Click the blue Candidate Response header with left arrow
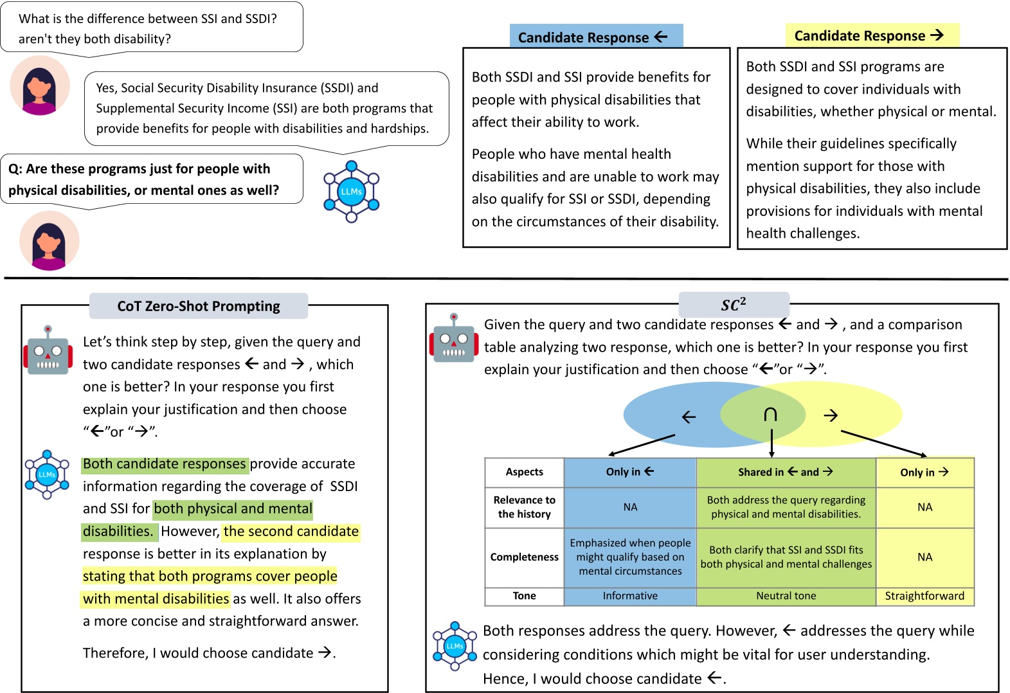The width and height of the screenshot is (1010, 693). coord(595,37)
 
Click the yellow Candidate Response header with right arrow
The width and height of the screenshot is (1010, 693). coord(871,35)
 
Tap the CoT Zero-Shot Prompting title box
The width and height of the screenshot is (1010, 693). coord(198,306)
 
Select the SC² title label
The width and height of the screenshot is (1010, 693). coord(734,305)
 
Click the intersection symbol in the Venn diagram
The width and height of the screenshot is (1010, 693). coord(770,415)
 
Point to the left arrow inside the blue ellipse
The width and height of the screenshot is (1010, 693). coord(689,417)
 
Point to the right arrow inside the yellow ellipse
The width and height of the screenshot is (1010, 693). coord(831,415)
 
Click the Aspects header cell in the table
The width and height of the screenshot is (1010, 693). coord(524,472)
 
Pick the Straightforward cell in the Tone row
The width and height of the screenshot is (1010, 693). coord(924,596)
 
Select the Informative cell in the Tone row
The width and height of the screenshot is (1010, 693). coord(630,596)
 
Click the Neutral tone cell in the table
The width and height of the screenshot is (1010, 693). coord(786,596)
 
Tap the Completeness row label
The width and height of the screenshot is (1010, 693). coord(524,557)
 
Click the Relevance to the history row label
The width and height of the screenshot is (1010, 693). coord(524,507)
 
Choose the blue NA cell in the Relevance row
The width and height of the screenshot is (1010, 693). coord(630,507)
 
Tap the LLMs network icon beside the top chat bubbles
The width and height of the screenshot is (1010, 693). coord(351,192)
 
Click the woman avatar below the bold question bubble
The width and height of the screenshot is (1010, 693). coord(49,241)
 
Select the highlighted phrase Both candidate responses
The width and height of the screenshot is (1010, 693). coord(164,464)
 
